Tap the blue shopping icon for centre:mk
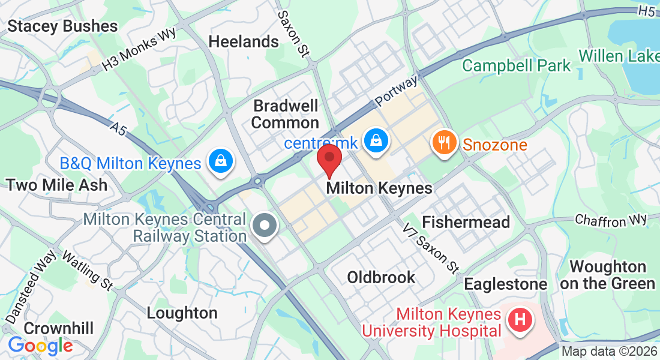coord(376,142)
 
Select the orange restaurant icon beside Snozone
coord(443,143)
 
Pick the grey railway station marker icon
coord(264,227)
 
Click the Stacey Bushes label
coord(62,26)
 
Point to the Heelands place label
coord(243,41)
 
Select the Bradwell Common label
coord(285,114)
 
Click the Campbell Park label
coord(517,65)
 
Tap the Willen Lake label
coord(618,56)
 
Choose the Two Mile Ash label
coord(57,184)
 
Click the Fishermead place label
coord(466,221)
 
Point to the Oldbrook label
coord(381,277)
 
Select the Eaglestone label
coord(505,283)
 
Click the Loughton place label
coord(182,313)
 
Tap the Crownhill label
coord(59,328)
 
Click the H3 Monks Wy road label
coord(139,48)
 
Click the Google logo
coord(40,346)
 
